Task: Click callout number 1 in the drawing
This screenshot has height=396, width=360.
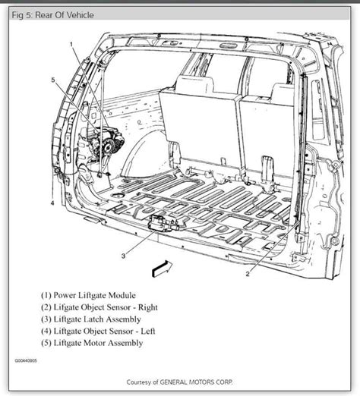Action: [x=71, y=45]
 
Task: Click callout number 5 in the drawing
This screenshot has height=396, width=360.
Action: [x=53, y=80]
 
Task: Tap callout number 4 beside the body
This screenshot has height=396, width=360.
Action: [x=52, y=203]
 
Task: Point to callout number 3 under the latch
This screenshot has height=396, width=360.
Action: [x=123, y=256]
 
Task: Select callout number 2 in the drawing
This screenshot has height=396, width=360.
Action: [x=248, y=274]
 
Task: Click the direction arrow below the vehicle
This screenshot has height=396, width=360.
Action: [x=162, y=269]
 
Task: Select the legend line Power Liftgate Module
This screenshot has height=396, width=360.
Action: [x=88, y=295]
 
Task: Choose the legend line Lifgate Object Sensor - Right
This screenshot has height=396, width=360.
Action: [x=99, y=307]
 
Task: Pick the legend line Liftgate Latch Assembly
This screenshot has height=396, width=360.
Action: [x=91, y=319]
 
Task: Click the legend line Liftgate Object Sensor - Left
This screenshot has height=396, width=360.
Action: [x=98, y=331]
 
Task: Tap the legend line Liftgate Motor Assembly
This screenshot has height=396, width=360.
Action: [x=92, y=343]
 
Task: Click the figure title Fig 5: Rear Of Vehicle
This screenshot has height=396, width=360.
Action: [x=52, y=15]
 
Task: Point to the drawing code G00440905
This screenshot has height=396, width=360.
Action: [x=26, y=360]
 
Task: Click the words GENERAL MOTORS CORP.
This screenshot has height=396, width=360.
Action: [x=196, y=382]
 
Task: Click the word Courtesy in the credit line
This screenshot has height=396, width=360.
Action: [x=140, y=382]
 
